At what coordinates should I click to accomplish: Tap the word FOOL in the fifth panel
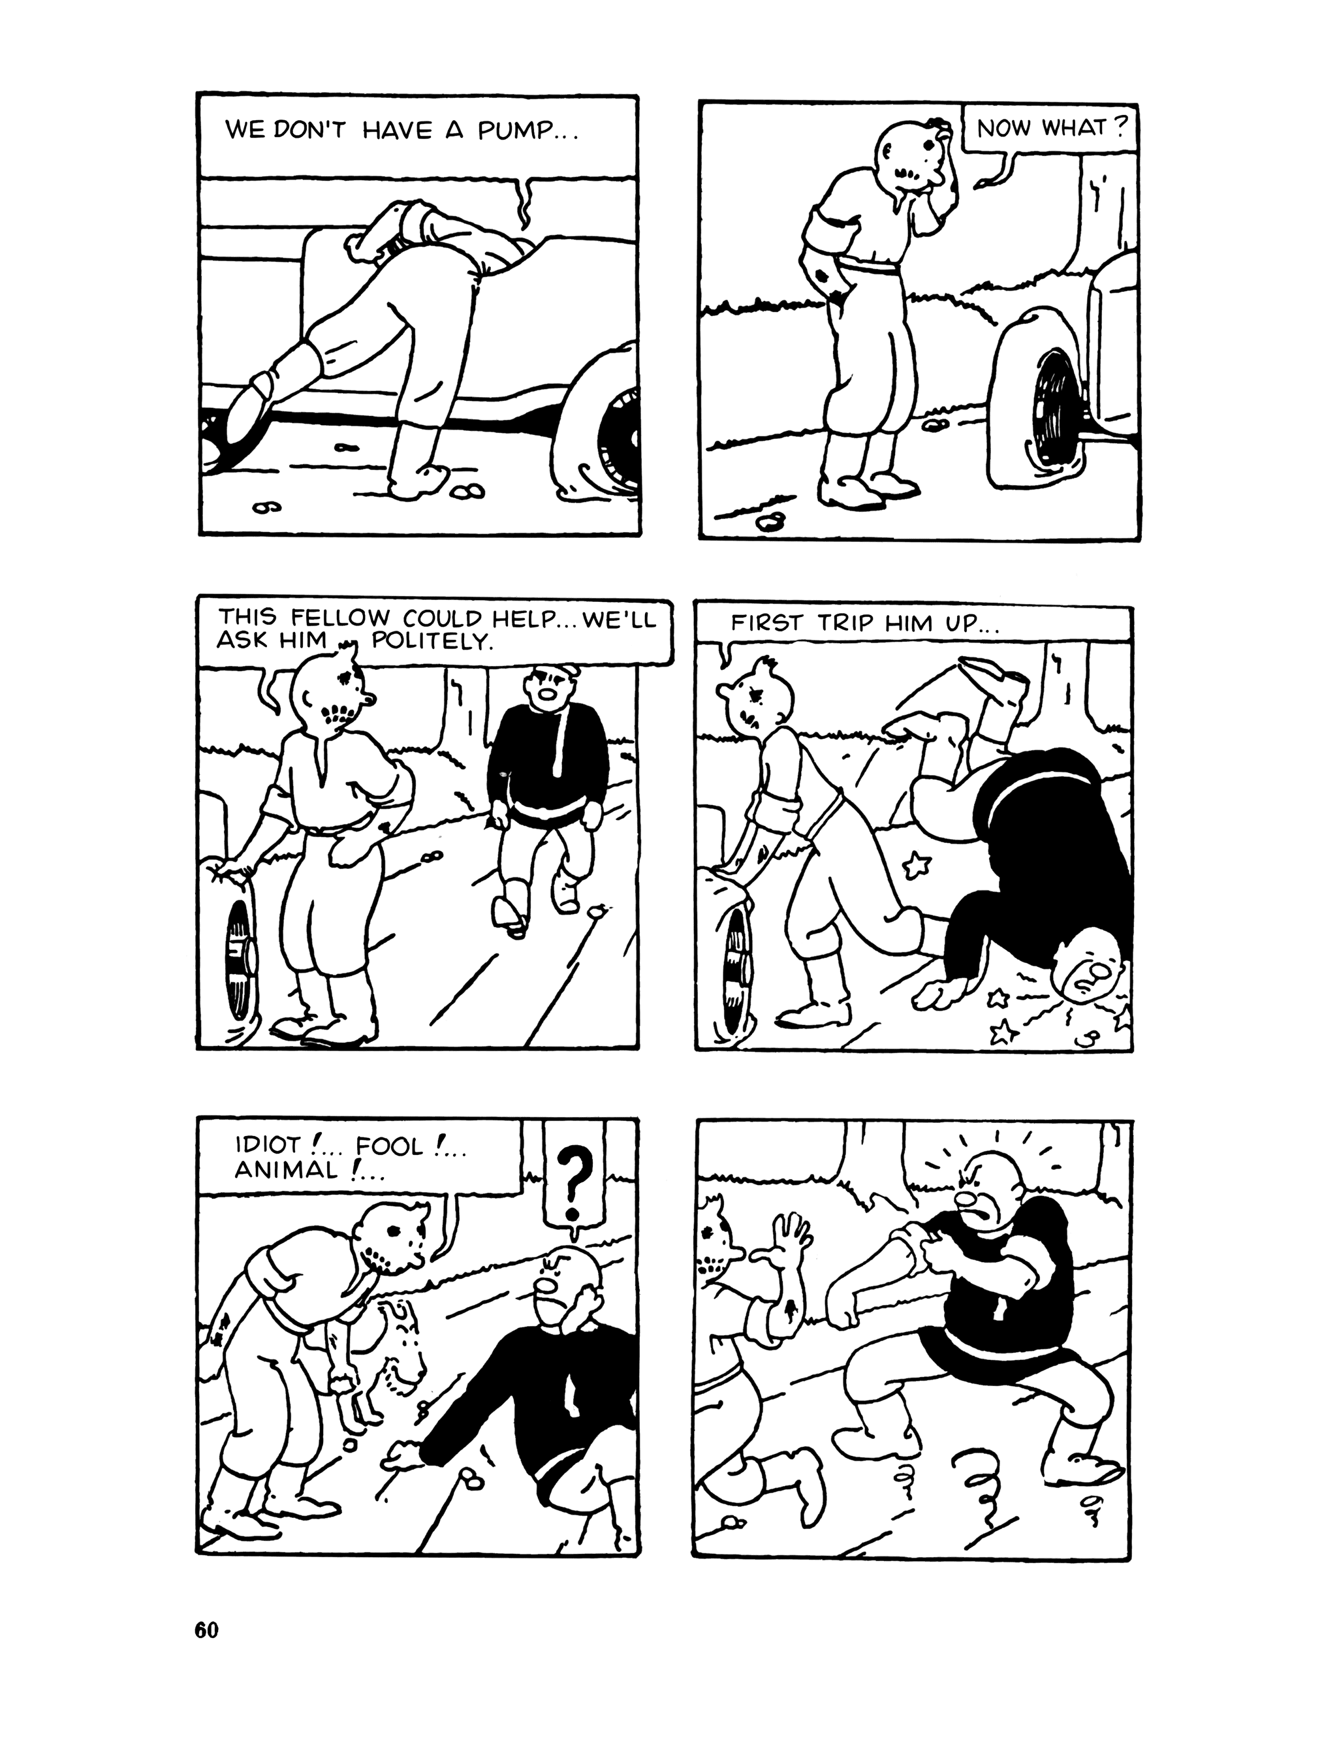pyautogui.click(x=391, y=1146)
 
